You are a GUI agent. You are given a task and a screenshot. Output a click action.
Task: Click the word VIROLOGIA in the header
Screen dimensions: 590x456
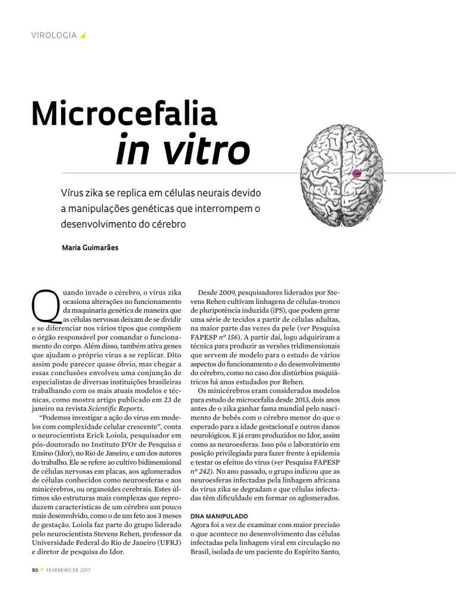point(53,36)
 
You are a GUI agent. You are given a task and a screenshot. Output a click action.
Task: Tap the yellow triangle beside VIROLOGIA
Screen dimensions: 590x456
point(83,36)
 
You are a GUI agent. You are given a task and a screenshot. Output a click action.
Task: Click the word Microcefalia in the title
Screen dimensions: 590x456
point(124,113)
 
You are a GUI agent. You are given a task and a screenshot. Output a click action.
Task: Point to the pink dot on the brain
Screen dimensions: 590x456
point(356,173)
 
